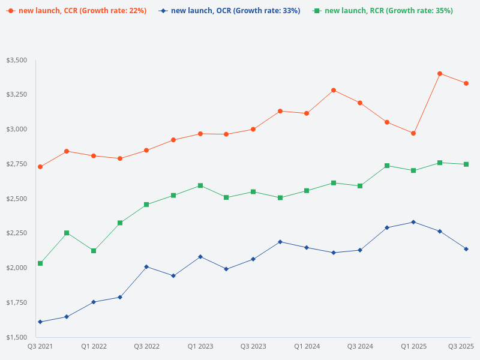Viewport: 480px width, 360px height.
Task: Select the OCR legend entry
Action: coord(231,11)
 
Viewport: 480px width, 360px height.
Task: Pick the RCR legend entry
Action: coord(384,11)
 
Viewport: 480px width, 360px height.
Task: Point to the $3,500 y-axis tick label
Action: coord(17,61)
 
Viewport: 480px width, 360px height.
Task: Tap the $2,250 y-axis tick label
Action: coord(17,233)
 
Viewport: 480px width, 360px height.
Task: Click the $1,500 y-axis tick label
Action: coord(17,337)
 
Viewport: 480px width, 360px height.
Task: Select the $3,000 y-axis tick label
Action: coord(17,130)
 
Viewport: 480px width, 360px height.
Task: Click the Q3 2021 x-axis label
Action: coord(40,346)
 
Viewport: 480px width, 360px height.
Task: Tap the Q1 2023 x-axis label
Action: coord(200,346)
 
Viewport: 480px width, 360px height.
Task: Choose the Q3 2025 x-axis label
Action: coord(461,346)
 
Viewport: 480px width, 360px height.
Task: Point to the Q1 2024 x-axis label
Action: coord(307,346)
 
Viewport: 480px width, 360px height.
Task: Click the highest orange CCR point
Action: coord(440,74)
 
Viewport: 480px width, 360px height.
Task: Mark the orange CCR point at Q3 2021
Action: coord(40,167)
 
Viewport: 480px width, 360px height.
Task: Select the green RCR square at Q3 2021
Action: coord(40,263)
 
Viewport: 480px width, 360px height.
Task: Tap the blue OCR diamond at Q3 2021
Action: coord(40,322)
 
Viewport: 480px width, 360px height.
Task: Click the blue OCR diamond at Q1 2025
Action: coord(413,222)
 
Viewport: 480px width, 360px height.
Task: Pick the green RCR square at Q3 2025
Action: coord(466,164)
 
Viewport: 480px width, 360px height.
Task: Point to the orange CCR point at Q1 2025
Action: coord(413,133)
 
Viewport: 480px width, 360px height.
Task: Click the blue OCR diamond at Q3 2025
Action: coord(466,249)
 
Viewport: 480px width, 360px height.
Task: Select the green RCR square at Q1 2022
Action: coord(94,251)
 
